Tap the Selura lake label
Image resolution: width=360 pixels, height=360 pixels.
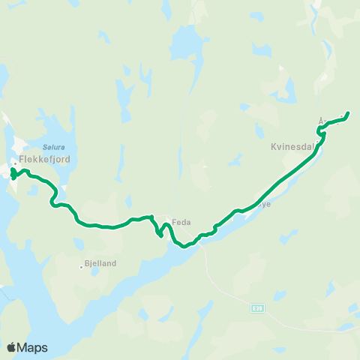pos(52,148)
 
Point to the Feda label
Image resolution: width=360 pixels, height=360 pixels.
pos(181,222)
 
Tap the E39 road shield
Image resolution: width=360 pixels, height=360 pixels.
pos(258,307)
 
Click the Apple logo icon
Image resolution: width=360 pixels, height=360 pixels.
pos(12,347)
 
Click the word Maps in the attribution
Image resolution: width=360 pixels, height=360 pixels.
pos(34,347)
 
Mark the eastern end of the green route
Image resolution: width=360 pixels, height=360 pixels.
pos(349,114)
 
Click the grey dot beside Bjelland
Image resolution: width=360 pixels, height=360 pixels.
pos(81,266)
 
